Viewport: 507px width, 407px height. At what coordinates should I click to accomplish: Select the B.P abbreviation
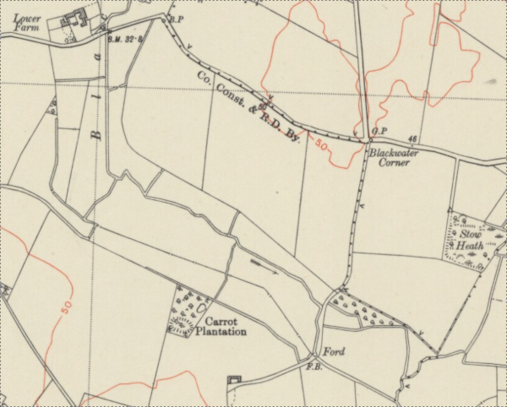(x=177, y=19)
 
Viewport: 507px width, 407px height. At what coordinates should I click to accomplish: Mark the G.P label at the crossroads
(x=379, y=132)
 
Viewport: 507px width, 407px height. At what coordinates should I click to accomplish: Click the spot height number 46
(x=412, y=138)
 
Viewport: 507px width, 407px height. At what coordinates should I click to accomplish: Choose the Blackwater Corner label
(x=389, y=157)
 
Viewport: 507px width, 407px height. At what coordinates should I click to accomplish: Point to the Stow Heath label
(x=470, y=240)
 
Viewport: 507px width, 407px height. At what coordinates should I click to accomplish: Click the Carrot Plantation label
(x=220, y=327)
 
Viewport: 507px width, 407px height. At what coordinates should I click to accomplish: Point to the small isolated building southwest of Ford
(x=234, y=382)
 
